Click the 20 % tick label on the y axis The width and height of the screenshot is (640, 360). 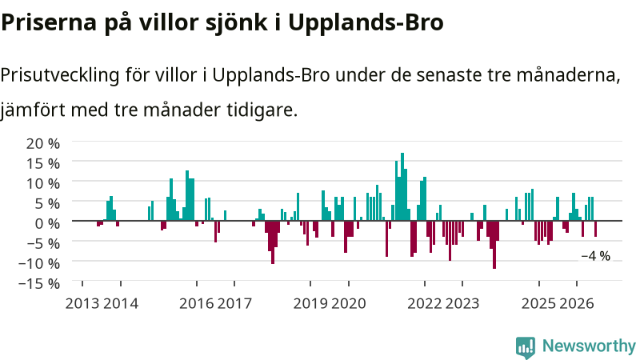(43, 143)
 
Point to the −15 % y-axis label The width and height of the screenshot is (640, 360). (39, 283)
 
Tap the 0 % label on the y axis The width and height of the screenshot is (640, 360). (47, 223)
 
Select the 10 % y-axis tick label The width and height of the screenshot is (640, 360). (43, 183)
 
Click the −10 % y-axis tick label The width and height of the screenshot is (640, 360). (39, 263)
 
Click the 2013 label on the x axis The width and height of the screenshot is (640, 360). (82, 304)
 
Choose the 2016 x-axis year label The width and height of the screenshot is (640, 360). (196, 304)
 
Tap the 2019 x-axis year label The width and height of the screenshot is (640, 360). (310, 304)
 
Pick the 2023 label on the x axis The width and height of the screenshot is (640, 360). (462, 304)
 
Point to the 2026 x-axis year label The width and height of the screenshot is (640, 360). (576, 304)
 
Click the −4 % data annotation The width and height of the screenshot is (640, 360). (595, 256)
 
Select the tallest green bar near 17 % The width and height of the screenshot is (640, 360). (402, 187)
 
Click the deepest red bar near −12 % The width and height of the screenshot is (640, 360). (494, 245)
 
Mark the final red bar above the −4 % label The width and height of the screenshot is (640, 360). (595, 229)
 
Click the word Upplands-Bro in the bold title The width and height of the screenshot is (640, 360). (366, 23)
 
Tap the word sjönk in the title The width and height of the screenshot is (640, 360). (237, 23)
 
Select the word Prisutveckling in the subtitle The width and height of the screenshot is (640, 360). (60, 75)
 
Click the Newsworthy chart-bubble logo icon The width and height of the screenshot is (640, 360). (526, 347)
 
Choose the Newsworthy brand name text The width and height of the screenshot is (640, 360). (589, 346)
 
